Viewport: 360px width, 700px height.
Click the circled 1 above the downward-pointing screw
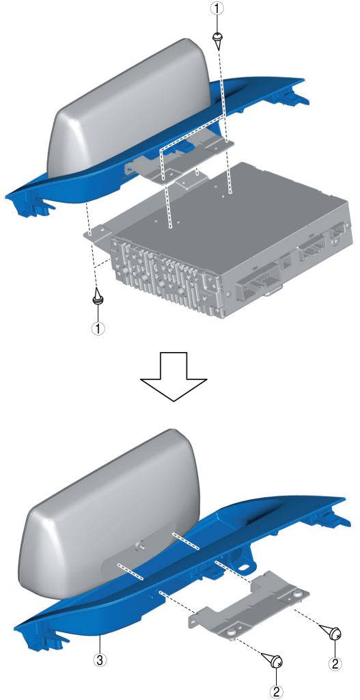pyautogui.click(x=217, y=8)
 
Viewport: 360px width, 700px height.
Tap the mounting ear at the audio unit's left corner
pyautogui.click(x=99, y=233)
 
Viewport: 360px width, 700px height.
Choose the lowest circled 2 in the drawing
pyautogui.click(x=277, y=692)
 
